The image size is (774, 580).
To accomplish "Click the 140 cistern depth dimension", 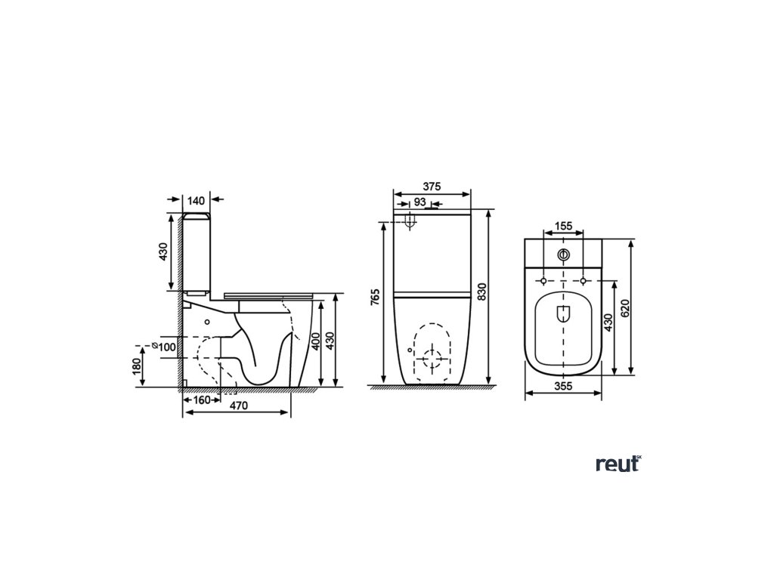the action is point(196,200).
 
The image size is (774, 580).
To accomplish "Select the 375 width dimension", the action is point(432,187).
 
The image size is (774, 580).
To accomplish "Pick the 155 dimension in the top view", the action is point(562,225).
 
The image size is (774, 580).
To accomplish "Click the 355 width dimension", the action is point(562,386).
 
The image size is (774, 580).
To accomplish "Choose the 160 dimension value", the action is point(200,400).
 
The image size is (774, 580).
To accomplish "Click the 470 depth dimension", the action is point(239,406).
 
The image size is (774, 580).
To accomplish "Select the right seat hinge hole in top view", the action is point(583,282).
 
